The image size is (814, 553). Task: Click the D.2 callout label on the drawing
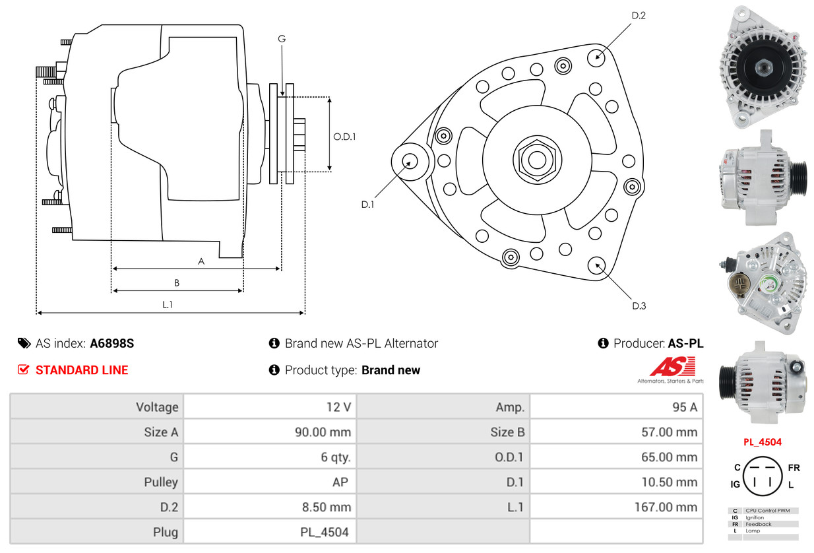(x=639, y=15)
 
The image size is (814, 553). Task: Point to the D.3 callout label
(x=639, y=306)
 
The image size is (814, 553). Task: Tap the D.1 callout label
(x=367, y=205)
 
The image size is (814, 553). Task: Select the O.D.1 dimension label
(x=344, y=137)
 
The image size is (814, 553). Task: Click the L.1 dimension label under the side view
(x=168, y=305)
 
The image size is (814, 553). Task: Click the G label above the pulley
(x=282, y=38)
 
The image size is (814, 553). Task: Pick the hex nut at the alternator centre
(x=537, y=160)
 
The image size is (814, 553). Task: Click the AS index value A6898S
(x=112, y=343)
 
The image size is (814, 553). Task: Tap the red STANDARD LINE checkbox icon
(x=23, y=370)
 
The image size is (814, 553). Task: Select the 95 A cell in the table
(x=684, y=407)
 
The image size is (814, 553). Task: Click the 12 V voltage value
(x=338, y=407)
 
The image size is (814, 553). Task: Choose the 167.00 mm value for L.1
(x=666, y=507)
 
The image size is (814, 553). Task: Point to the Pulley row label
(x=161, y=482)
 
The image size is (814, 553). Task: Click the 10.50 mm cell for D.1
(x=670, y=482)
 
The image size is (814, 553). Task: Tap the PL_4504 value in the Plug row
(x=324, y=533)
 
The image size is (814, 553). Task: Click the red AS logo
(x=672, y=366)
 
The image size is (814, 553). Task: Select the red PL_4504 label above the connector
(x=763, y=442)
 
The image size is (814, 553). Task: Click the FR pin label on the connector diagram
(x=794, y=468)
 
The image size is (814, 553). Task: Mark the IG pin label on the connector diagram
(x=735, y=484)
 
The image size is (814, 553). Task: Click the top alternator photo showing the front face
(x=763, y=67)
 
